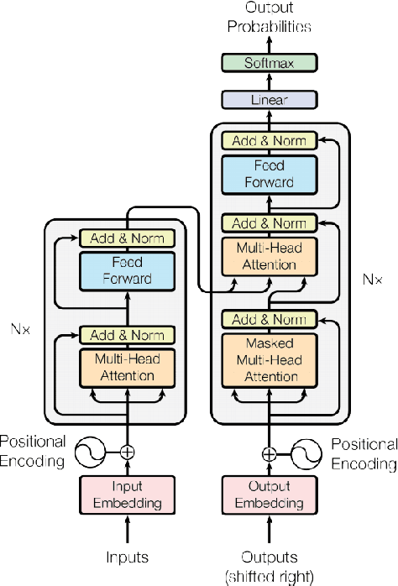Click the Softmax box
[269, 63]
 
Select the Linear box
[269, 100]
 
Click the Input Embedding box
[127, 494]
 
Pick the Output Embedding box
[269, 494]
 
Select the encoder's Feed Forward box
[127, 270]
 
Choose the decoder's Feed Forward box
[269, 174]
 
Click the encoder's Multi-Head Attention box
[127, 368]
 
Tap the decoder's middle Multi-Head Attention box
[269, 256]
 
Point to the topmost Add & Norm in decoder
[269, 140]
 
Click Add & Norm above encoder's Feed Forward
[127, 238]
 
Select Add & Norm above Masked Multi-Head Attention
[269, 319]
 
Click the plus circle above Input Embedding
[127, 452]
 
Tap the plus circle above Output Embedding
[269, 453]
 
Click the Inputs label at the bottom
[127, 557]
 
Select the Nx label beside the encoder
[21, 329]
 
